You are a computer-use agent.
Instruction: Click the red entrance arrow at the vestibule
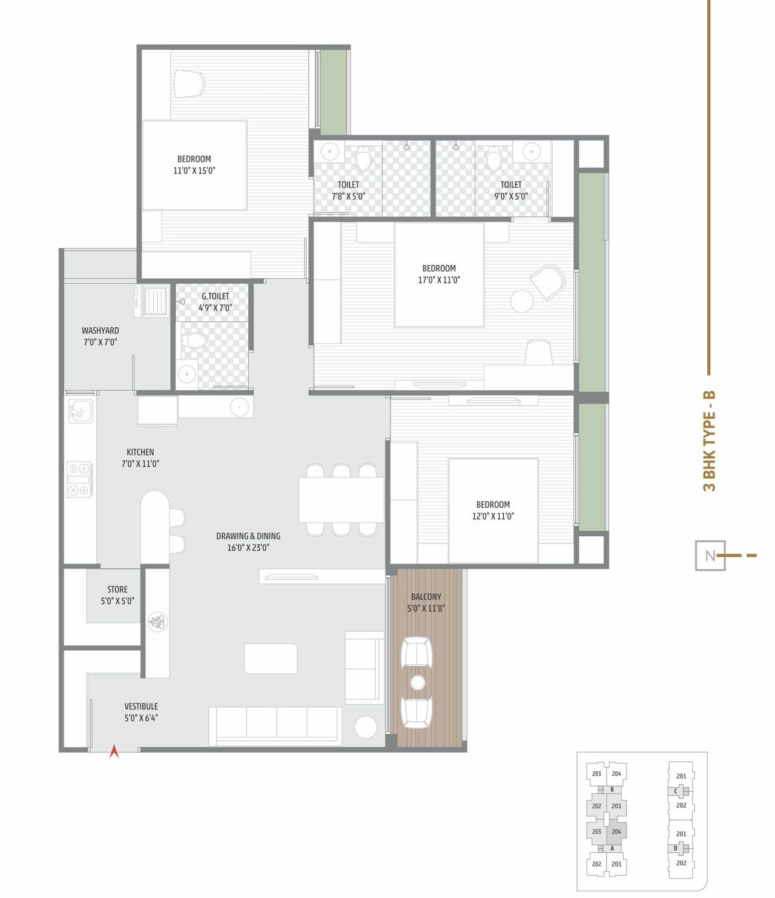[x=114, y=752]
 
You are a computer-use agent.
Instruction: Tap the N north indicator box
[x=710, y=555]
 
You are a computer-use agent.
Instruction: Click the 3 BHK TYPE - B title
[x=709, y=441]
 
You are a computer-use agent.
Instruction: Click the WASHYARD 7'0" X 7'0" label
[x=101, y=336]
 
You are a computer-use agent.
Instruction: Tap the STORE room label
[x=117, y=595]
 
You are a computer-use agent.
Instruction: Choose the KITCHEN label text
[x=140, y=457]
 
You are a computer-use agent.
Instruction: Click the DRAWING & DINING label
[x=248, y=542]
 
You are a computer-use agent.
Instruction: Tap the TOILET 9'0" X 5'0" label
[x=511, y=190]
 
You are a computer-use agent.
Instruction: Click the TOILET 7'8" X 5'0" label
[x=349, y=190]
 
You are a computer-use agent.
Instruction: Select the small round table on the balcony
[x=418, y=682]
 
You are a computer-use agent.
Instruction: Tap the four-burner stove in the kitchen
[x=79, y=479]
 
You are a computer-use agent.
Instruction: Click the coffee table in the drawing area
[x=271, y=658]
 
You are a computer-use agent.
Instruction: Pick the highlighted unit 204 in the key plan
[x=616, y=831]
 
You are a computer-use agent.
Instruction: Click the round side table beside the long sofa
[x=366, y=727]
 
